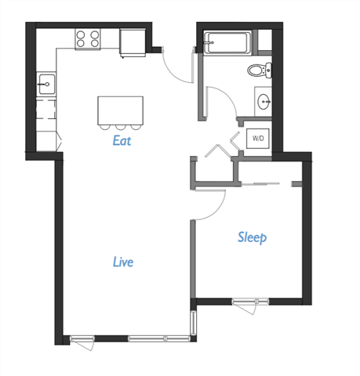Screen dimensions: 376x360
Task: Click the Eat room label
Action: tap(121, 142)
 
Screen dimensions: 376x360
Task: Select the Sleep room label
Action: tap(253, 237)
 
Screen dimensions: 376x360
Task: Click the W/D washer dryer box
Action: tap(257, 138)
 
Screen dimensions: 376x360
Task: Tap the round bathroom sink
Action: tap(263, 100)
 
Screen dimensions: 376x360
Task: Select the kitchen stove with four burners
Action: tap(88, 38)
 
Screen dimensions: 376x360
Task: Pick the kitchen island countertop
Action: tap(121, 109)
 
